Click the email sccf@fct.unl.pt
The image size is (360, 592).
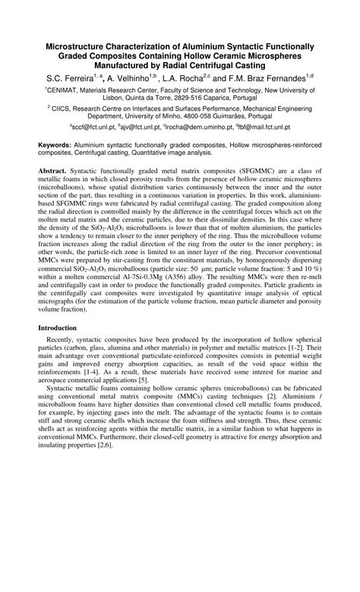pyautogui.click(x=94, y=128)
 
